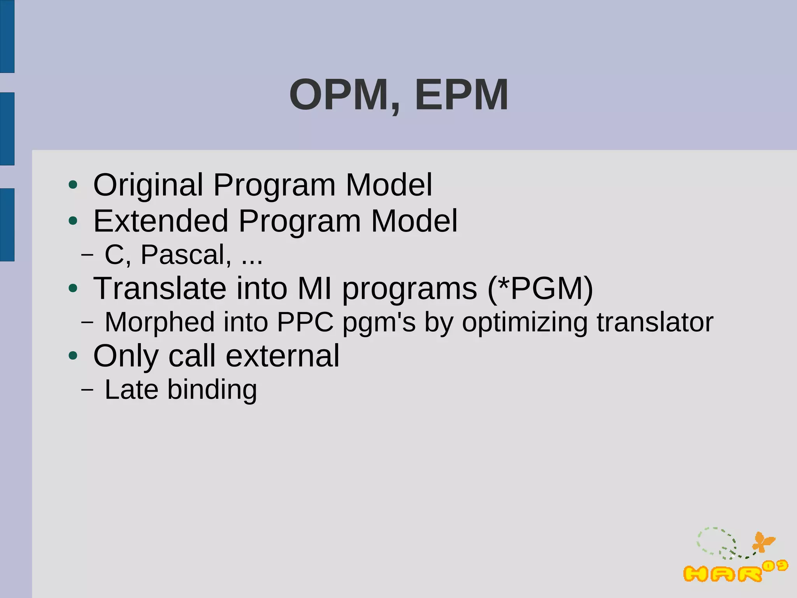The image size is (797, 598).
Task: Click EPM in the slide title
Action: pos(461,95)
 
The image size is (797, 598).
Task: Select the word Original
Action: pos(148,185)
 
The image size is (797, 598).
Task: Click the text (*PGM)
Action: pos(540,288)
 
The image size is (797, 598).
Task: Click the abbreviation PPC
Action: pos(305,322)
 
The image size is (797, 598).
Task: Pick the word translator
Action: pos(655,322)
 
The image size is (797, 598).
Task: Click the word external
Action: pos(282,356)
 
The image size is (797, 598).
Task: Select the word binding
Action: pos(212,389)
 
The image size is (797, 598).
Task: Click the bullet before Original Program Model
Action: pos(73,186)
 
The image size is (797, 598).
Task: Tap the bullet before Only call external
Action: pos(73,356)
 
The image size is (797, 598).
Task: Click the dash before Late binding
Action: pos(88,390)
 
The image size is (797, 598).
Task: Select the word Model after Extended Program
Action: pos(414,221)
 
